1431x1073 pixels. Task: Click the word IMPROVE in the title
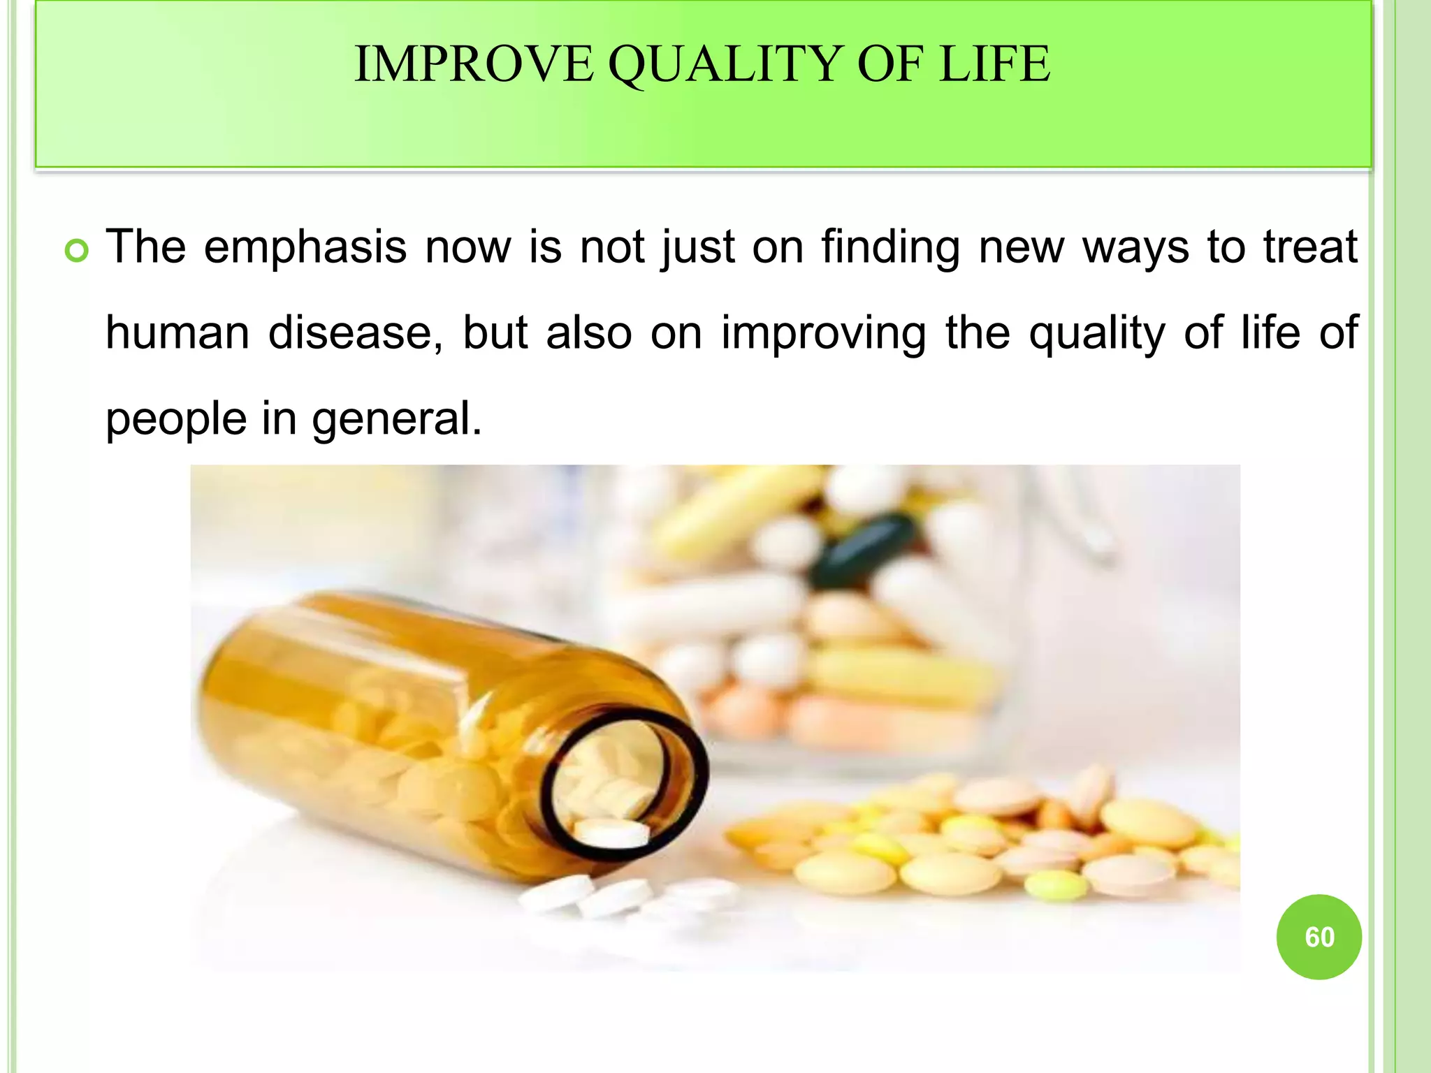click(474, 64)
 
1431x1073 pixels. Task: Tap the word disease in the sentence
click(355, 333)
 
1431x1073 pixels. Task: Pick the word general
click(397, 419)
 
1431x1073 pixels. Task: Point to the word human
click(177, 333)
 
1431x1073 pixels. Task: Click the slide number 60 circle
click(1319, 937)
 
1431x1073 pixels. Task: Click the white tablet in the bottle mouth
click(611, 833)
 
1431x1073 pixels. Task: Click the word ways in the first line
click(1135, 248)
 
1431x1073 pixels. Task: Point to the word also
click(589, 333)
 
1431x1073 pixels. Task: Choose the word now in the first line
click(468, 248)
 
